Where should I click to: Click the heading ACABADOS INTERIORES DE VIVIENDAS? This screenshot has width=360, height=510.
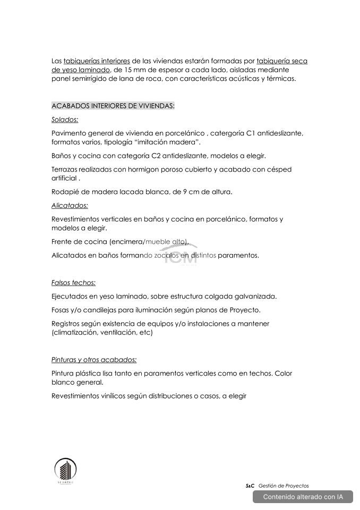pyautogui.click(x=113, y=106)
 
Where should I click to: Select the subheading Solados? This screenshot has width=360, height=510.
pyautogui.click(x=65, y=120)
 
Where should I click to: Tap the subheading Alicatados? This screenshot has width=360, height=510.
pyautogui.click(x=70, y=205)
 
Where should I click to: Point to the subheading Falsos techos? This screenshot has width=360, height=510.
pyautogui.click(x=73, y=283)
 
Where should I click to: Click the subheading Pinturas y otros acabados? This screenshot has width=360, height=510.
pyautogui.click(x=94, y=360)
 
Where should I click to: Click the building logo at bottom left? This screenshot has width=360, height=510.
pyautogui.click(x=65, y=470)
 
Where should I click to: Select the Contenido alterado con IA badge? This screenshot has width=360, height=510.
pyautogui.click(x=303, y=497)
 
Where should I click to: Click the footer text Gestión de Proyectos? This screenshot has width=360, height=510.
pyautogui.click(x=284, y=486)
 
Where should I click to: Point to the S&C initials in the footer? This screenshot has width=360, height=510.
pyautogui.click(x=250, y=486)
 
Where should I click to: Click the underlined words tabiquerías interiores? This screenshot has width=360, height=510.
pyautogui.click(x=97, y=61)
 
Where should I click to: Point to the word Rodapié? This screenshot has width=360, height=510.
pyautogui.click(x=65, y=192)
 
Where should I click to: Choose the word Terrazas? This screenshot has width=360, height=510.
pyautogui.click(x=65, y=169)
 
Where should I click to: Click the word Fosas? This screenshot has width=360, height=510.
pyautogui.click(x=61, y=310)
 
